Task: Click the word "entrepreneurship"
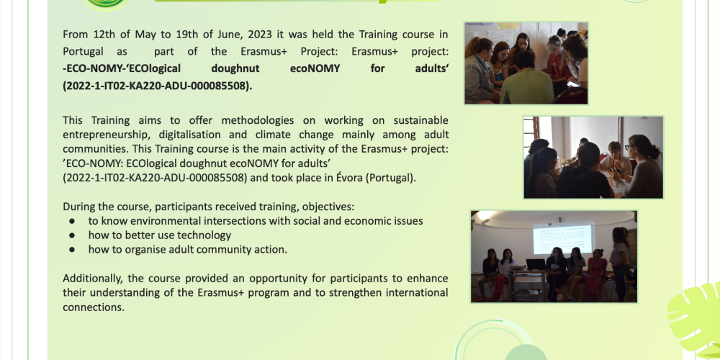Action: [106, 134]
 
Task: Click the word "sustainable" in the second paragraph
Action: [413, 120]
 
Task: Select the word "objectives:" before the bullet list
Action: [327, 206]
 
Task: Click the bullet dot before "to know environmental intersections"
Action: [72, 221]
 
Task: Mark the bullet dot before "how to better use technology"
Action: [72, 235]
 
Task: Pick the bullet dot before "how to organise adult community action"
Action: [72, 250]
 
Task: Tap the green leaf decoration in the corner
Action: [696, 317]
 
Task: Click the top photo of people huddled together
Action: [526, 63]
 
